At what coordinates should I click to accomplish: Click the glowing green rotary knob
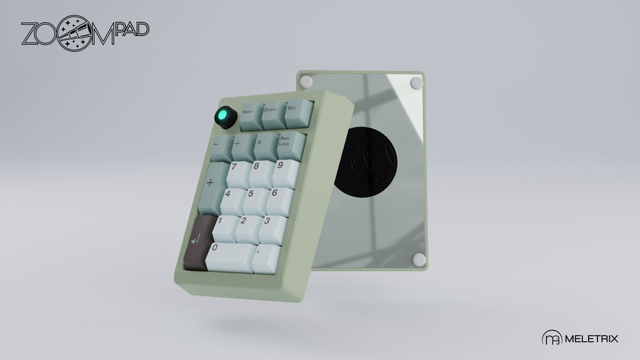[x=226, y=117]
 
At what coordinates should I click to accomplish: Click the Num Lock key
[x=291, y=145]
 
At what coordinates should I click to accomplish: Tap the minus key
[x=222, y=148]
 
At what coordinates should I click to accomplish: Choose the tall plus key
[x=214, y=187]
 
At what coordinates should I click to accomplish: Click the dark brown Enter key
[x=199, y=242]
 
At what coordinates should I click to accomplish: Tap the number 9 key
[x=286, y=173]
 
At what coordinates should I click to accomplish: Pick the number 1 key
[x=225, y=229]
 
